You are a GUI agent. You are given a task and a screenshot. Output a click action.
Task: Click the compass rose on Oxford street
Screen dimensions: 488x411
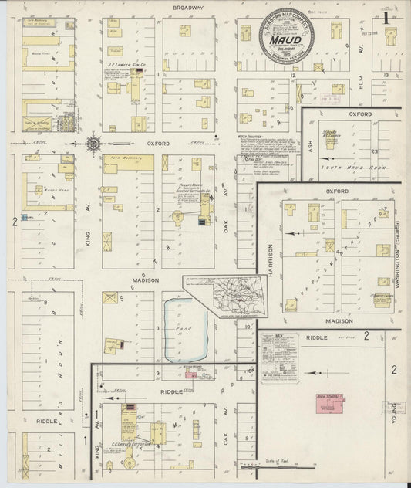pyautogui.click(x=93, y=143)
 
